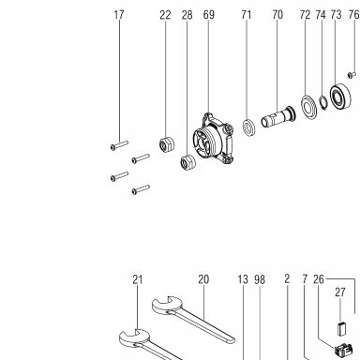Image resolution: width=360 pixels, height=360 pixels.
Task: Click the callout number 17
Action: point(119,15)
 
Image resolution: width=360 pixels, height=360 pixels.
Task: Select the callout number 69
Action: point(209,15)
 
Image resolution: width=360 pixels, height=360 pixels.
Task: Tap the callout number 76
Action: point(353,15)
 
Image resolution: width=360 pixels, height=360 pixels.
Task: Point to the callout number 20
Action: point(203,279)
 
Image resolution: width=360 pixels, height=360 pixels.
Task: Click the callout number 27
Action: point(340,292)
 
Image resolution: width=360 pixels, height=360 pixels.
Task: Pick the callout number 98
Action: point(260,279)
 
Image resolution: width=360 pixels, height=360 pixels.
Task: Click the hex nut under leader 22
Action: point(167,144)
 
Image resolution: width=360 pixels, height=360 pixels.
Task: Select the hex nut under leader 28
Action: point(188,162)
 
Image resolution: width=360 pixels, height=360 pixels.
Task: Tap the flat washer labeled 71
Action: point(248,127)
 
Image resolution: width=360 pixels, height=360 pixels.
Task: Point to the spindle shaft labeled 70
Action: point(277,117)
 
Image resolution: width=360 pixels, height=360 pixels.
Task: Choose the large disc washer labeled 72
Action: point(308,106)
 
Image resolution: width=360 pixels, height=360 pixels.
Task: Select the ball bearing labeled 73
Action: point(340,97)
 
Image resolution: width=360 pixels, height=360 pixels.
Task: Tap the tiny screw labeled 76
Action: point(352,75)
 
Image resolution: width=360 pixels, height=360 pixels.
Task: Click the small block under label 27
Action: point(341,328)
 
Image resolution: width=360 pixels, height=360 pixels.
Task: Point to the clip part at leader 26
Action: point(344,350)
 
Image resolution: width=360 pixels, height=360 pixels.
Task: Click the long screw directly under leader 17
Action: point(119,145)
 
